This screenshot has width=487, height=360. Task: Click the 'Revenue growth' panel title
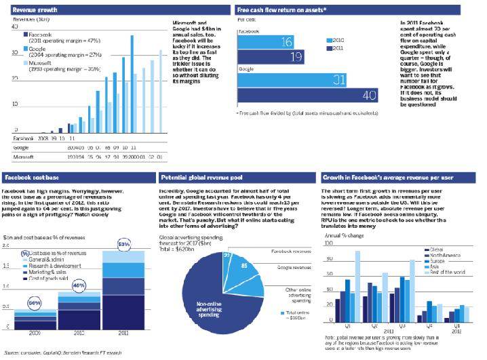point(33,11)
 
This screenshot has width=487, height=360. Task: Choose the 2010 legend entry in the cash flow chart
point(336,40)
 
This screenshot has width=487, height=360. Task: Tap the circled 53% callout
point(124,243)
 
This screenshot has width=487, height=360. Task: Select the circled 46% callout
point(78,286)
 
